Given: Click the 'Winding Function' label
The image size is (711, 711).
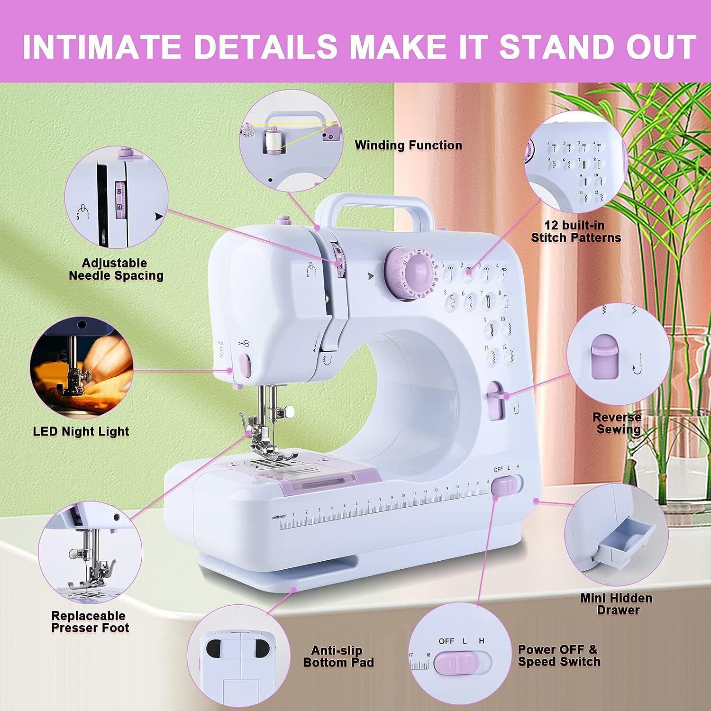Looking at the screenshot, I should click(408, 145).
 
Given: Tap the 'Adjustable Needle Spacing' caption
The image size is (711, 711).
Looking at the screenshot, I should click(116, 269).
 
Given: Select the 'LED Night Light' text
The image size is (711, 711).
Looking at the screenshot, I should click(81, 431).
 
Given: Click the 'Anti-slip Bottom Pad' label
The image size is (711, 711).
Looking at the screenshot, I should click(338, 656).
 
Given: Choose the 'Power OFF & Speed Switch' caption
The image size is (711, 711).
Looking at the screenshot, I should click(558, 656).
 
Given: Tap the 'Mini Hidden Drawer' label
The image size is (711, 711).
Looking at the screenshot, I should click(616, 604).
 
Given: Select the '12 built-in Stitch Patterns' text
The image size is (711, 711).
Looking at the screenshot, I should click(576, 231).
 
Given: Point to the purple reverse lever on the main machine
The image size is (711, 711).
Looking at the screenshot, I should click(495, 401).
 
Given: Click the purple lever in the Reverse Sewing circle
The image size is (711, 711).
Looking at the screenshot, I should click(604, 356).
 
